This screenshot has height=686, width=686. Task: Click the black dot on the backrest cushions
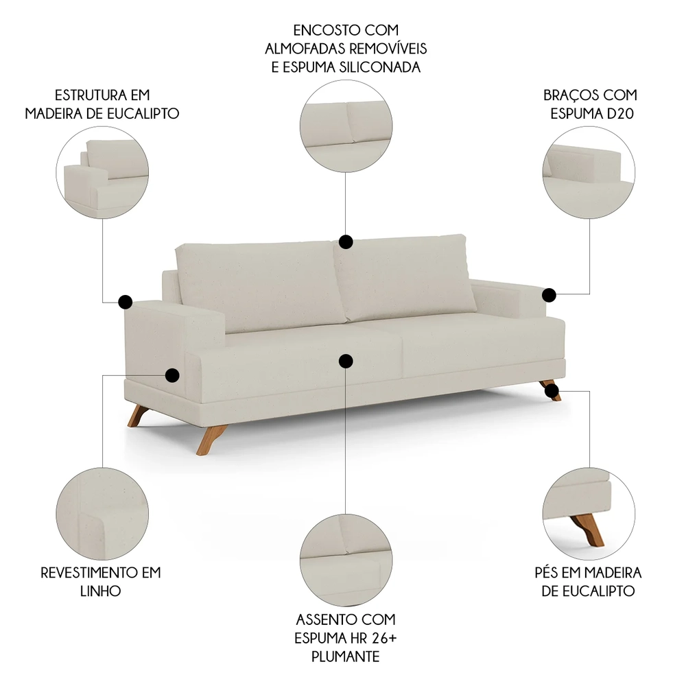point(346,241)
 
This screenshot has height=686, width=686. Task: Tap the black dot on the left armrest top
point(125,301)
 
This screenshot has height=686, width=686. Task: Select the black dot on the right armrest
point(549,295)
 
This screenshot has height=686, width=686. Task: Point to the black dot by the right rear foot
point(552,391)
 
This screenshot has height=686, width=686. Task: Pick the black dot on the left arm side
point(172,375)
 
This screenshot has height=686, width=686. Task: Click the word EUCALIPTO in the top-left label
point(143,113)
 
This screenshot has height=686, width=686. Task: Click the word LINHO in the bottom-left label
point(101,591)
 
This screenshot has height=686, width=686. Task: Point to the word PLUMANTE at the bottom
point(346,657)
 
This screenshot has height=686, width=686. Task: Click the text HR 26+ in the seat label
point(372,638)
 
